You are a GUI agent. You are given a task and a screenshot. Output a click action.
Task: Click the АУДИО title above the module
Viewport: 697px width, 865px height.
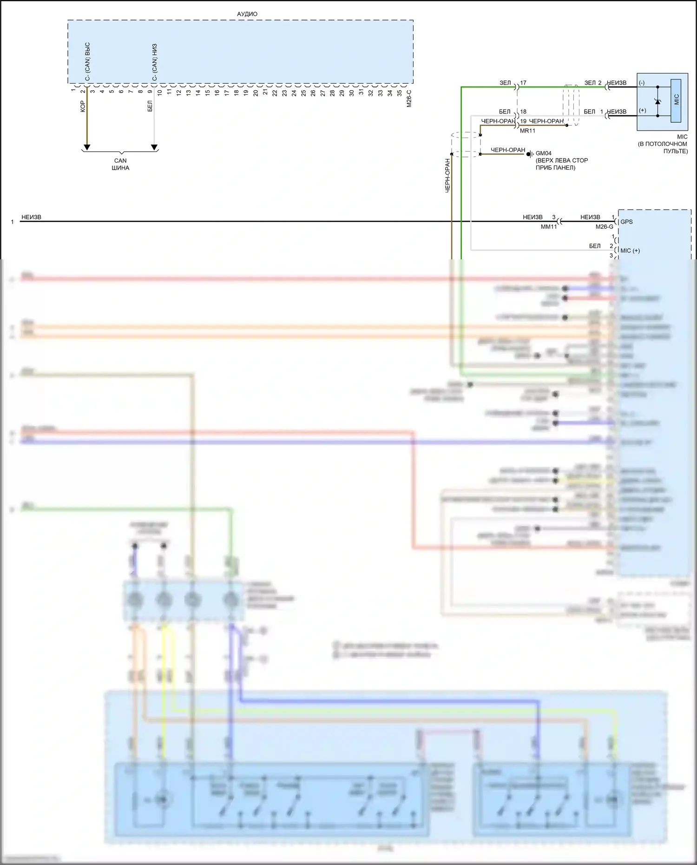pos(247,14)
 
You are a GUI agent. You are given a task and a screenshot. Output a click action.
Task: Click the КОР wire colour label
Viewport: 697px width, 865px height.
pos(82,106)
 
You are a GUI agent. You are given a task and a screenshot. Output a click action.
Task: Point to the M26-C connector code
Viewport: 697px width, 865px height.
pos(409,99)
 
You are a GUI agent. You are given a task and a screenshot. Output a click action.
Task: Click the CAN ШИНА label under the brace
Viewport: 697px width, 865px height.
pos(120,164)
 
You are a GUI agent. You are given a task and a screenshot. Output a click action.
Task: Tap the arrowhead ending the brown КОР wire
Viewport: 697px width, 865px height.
pos(86,147)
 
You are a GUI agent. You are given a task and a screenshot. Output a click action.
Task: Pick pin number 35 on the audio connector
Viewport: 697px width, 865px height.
pos(400,92)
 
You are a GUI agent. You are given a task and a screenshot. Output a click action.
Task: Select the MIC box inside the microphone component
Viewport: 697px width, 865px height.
pos(676,100)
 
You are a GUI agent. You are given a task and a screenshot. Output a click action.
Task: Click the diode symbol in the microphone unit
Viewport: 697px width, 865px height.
pos(658,101)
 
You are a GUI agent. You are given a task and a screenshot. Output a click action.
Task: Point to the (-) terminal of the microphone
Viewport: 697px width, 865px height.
pos(642,83)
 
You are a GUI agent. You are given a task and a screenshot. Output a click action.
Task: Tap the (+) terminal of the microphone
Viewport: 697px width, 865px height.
pos(642,111)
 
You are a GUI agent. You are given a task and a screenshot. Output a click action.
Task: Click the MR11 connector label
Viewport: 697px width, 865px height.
pos(527,131)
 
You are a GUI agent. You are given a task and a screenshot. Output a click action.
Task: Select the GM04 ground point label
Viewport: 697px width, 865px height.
pos(544,153)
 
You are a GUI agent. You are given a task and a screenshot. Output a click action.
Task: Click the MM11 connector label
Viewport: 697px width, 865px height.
pos(549,227)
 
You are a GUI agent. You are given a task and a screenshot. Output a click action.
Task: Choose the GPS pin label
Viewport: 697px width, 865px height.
pos(626,222)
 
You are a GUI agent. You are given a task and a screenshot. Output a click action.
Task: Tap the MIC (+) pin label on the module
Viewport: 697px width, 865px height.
pos(630,251)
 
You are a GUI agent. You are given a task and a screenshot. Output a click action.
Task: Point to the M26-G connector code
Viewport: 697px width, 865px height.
pos(605,227)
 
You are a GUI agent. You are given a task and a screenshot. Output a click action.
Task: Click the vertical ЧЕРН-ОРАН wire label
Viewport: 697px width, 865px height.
pos(448,175)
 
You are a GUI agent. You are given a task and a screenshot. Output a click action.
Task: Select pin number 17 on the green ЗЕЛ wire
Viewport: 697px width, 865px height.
pos(523,83)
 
